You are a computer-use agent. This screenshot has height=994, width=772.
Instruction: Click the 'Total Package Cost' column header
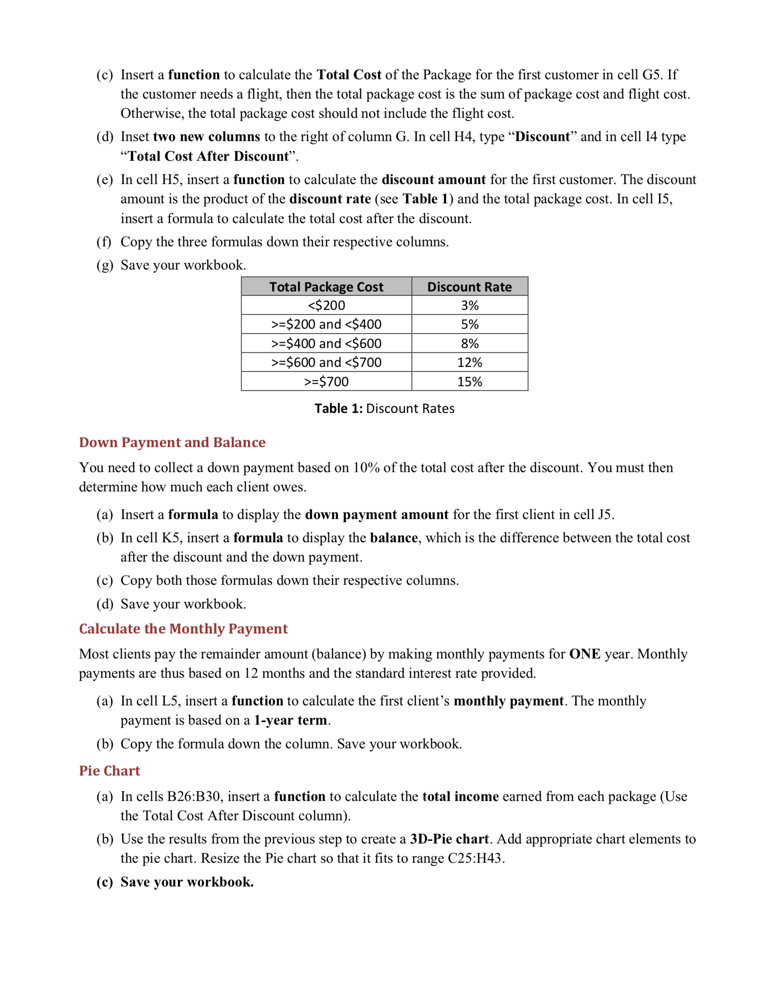[326, 287]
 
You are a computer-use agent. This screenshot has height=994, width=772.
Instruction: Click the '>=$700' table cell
[326, 381]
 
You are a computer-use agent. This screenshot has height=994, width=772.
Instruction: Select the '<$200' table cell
[326, 306]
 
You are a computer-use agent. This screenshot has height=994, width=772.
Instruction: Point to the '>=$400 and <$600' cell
[326, 344]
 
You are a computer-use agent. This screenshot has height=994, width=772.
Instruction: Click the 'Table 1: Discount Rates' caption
[384, 408]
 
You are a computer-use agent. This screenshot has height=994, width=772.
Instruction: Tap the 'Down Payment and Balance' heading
[172, 442]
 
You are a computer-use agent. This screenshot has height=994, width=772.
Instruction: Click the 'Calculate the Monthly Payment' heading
[183, 628]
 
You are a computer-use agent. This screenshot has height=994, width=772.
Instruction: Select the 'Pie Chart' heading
[110, 770]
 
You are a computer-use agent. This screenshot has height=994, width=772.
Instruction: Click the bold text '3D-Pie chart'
[449, 839]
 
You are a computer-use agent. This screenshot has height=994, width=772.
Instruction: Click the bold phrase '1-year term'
[290, 720]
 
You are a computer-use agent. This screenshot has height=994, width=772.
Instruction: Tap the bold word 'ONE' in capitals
[584, 654]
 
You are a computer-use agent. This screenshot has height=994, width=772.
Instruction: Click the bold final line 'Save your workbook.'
[187, 882]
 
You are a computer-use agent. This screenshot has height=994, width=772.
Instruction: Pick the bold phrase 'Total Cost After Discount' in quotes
[209, 156]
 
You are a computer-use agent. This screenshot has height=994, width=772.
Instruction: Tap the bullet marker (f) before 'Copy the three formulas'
[104, 242]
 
